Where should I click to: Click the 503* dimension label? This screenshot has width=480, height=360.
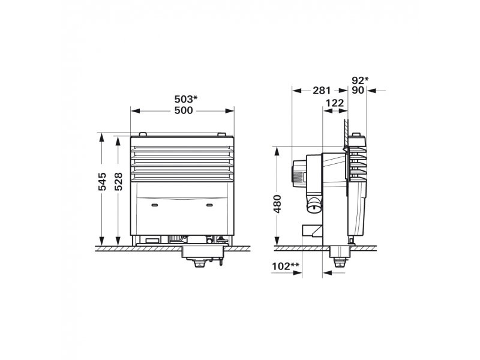click(186, 99)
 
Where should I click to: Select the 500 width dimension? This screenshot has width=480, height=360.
click(184, 110)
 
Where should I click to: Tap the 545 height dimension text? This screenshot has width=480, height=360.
click(102, 182)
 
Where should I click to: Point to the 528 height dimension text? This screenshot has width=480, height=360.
click(118, 182)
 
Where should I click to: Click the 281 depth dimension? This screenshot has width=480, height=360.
click(322, 91)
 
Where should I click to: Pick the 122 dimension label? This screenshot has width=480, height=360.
click(335, 103)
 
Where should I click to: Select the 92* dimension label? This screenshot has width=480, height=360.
click(360, 80)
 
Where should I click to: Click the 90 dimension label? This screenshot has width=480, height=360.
click(358, 91)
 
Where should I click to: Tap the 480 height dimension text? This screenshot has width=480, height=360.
click(277, 204)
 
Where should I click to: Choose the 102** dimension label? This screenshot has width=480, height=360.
click(286, 266)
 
